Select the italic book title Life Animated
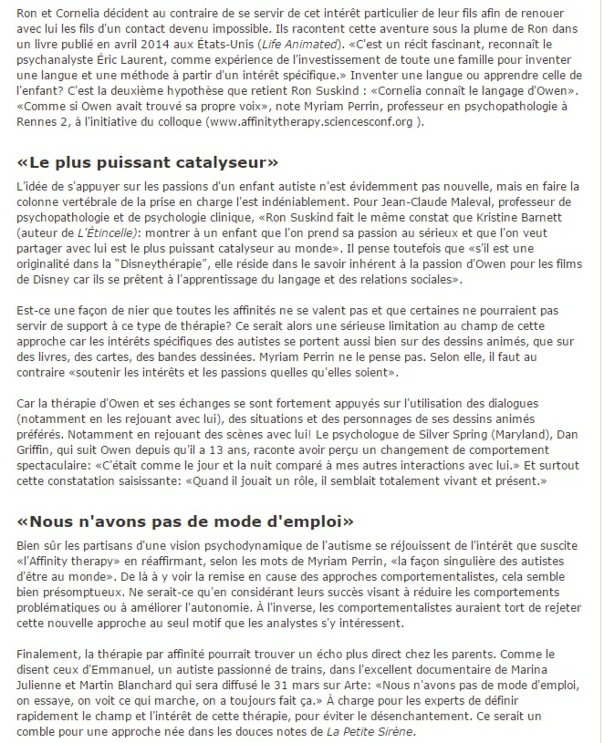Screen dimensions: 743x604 point(299,44)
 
